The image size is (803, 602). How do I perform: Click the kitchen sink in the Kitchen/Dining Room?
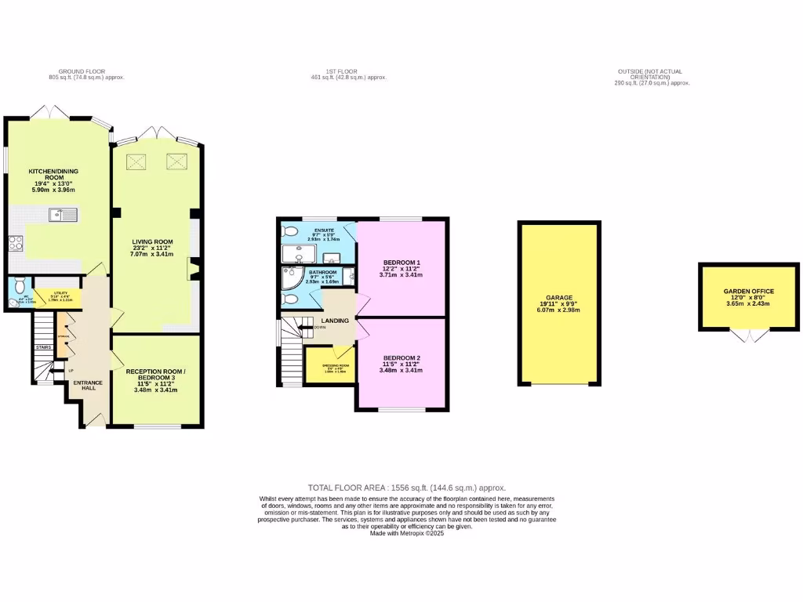[61, 214]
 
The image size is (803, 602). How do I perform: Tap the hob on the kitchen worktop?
[14, 243]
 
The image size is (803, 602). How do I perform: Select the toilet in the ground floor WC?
[18, 286]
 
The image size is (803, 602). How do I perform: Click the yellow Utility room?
[53, 296]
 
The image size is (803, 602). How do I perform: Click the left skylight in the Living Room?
[138, 161]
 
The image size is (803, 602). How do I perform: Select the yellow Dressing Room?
[329, 367]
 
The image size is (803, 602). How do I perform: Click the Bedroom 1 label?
[401, 262]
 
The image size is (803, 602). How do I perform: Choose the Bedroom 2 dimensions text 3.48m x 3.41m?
[401, 371]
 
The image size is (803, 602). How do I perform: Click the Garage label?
[558, 298]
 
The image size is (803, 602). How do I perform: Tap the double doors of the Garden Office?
[748, 336]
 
